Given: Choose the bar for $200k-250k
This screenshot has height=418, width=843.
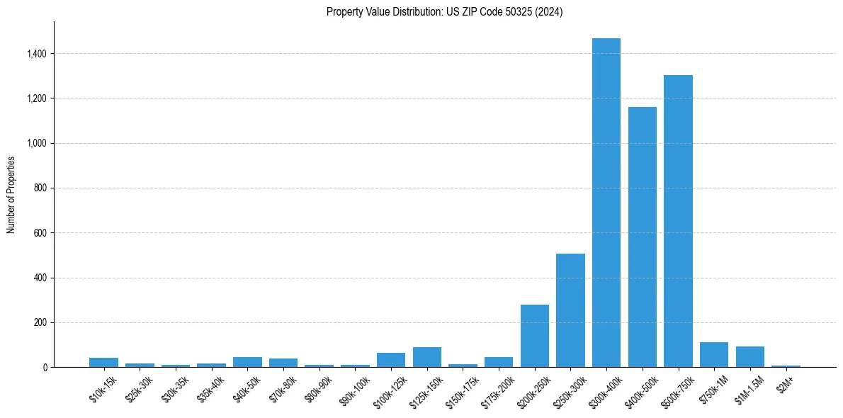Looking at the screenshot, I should click(x=534, y=336).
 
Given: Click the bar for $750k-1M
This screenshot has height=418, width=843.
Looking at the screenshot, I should click(x=714, y=355).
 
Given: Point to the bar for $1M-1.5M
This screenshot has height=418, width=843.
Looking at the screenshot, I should click(x=749, y=357).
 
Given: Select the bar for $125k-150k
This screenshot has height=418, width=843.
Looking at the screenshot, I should click(x=426, y=357).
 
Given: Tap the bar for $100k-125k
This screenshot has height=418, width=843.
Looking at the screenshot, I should click(x=391, y=360).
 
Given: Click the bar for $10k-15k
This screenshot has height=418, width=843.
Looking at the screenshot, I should click(x=103, y=363).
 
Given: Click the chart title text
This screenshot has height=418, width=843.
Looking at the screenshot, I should click(x=444, y=12).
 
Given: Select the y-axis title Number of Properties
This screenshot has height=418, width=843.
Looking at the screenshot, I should click(x=11, y=194).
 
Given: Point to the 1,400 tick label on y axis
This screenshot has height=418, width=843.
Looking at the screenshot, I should click(x=37, y=54).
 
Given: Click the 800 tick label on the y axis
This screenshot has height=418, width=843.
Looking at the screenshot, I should click(x=40, y=188).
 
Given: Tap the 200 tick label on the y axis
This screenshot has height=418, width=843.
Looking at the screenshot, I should click(x=40, y=323).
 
